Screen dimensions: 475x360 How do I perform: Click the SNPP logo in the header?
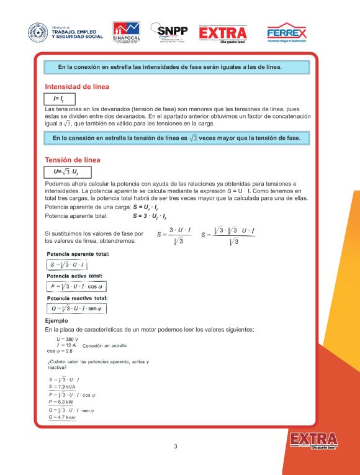(x=169, y=32)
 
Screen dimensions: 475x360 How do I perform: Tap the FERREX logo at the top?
(x=286, y=33)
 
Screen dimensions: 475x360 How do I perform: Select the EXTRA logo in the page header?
(x=223, y=33)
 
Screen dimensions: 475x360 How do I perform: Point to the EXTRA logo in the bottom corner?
(x=313, y=440)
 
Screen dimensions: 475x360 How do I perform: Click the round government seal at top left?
(x=37, y=33)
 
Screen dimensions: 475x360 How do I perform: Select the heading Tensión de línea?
(x=73, y=160)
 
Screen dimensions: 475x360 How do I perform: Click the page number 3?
(x=175, y=446)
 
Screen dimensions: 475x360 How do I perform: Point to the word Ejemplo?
(x=57, y=320)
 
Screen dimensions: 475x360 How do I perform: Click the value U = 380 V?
(x=67, y=339)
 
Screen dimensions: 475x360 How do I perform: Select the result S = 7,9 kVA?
(x=62, y=386)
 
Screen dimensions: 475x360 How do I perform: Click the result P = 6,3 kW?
(x=61, y=402)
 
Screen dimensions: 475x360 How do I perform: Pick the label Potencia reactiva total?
(x=78, y=297)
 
